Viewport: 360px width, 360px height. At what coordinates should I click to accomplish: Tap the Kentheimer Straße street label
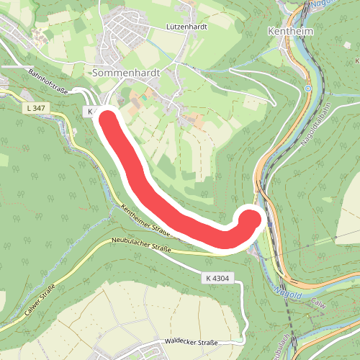coord(145,221)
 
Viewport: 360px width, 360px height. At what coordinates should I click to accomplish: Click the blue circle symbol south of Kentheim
coord(307,89)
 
